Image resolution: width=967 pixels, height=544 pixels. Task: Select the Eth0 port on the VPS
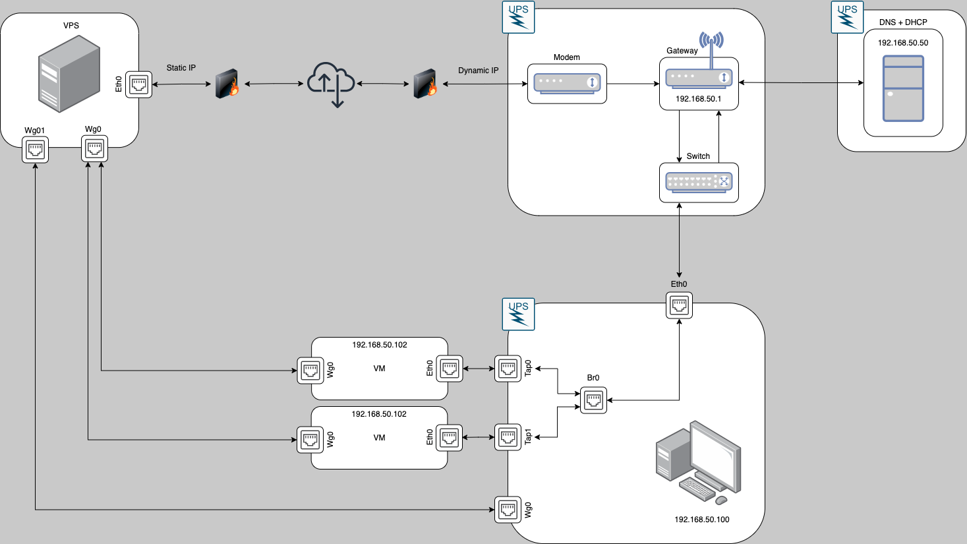(x=139, y=84)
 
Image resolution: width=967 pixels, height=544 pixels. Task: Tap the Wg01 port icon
(x=36, y=150)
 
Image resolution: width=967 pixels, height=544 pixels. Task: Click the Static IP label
(x=181, y=68)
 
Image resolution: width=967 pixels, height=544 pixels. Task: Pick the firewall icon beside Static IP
(x=227, y=84)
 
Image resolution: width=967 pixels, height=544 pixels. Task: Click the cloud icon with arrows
(x=331, y=84)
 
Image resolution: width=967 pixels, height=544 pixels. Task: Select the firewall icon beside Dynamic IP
(x=425, y=84)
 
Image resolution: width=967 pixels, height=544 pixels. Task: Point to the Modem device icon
(x=567, y=83)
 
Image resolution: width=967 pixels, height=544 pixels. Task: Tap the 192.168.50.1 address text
(x=699, y=99)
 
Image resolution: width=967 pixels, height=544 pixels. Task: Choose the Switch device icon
(x=699, y=182)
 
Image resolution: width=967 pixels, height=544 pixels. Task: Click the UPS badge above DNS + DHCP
(x=847, y=17)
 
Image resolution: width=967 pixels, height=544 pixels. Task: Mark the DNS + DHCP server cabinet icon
(x=903, y=88)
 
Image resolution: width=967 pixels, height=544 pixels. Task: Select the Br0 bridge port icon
(x=594, y=400)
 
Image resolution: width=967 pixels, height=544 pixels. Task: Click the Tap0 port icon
(x=508, y=369)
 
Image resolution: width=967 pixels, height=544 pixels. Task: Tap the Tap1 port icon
(x=508, y=437)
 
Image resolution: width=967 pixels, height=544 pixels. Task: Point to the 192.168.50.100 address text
(x=702, y=520)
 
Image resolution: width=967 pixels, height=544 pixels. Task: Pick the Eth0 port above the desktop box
(x=679, y=305)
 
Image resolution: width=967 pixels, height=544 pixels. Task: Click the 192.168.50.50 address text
(x=903, y=43)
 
